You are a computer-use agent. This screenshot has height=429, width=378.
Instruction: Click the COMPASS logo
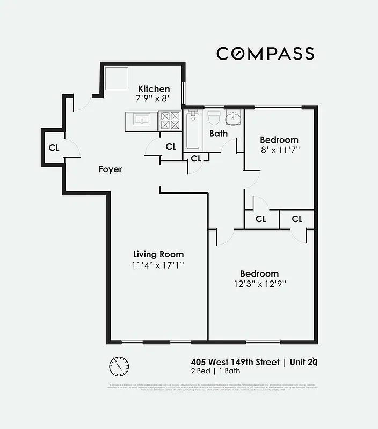[x=265, y=54]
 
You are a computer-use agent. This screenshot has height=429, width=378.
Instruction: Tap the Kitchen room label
[x=154, y=89]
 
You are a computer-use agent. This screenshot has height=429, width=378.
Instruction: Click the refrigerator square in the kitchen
[x=116, y=78]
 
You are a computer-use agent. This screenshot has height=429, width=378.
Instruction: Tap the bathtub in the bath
[x=193, y=131]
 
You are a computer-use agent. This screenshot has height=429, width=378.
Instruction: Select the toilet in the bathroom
[x=215, y=118]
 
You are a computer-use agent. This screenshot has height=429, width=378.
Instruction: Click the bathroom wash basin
[x=234, y=117]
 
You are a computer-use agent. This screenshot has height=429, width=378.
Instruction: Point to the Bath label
[x=219, y=134]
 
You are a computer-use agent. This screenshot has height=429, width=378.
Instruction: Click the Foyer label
[x=110, y=169]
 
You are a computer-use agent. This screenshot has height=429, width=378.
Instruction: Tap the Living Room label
[x=158, y=254]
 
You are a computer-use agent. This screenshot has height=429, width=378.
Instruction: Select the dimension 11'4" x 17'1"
[x=158, y=265]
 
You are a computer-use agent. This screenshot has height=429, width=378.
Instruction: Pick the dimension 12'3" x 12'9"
[x=259, y=284]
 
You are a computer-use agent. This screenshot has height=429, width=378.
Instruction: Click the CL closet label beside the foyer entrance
[x=54, y=147]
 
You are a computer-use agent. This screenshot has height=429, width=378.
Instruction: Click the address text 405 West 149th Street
[x=235, y=362]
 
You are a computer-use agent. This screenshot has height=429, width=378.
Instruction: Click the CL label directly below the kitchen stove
[x=171, y=146]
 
